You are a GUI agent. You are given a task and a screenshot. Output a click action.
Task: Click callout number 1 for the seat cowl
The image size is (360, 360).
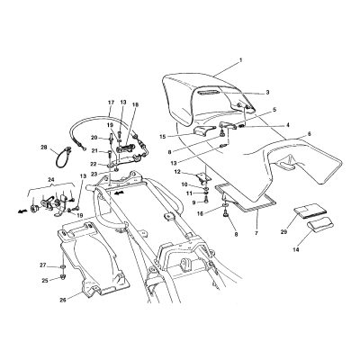[240, 60]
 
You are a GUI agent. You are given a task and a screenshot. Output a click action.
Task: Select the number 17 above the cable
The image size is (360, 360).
[111, 103]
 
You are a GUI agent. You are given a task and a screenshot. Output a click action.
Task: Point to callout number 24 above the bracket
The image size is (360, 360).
[51, 180]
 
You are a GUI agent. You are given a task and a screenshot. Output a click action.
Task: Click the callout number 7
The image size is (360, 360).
[256, 232]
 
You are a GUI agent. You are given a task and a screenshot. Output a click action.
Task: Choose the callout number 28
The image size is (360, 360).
[44, 148]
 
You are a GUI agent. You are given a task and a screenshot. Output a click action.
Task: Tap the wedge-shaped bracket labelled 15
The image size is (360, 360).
[205, 130]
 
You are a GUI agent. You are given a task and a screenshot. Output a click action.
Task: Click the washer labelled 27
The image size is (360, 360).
[63, 266]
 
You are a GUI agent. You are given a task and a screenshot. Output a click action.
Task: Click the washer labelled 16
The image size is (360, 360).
[225, 206]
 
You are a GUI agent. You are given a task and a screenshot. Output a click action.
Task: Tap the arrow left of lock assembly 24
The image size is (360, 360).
[22, 211]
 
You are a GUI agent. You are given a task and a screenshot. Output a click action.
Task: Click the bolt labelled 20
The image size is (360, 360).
[111, 139]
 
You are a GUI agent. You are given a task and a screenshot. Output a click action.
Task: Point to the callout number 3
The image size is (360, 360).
[267, 93]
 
